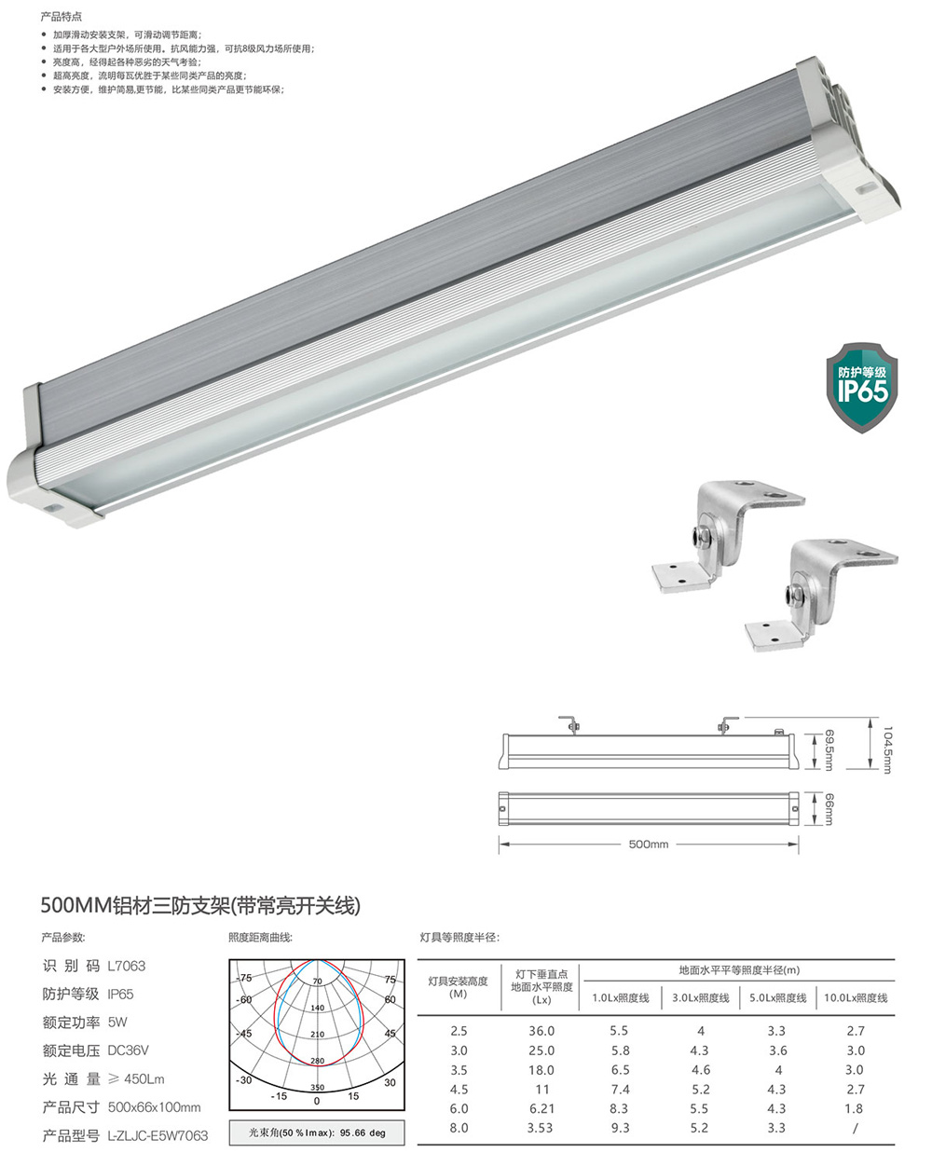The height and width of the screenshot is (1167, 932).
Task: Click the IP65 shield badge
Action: coord(861,387)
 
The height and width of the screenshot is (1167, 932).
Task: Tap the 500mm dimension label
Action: coord(648,844)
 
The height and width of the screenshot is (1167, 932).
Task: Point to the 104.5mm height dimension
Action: coord(887,750)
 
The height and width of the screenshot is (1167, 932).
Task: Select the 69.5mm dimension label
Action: coord(829,750)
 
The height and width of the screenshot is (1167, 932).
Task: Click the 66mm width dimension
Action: coord(829,809)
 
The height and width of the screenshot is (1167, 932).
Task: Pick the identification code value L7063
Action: coord(127,966)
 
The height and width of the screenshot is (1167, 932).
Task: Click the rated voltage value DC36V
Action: coord(128,1050)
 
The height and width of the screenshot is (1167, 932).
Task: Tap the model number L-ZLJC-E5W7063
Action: coord(158,1135)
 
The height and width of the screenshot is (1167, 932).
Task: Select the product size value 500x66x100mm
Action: coord(154,1107)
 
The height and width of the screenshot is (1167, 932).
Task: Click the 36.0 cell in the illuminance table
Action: coord(541,1031)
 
